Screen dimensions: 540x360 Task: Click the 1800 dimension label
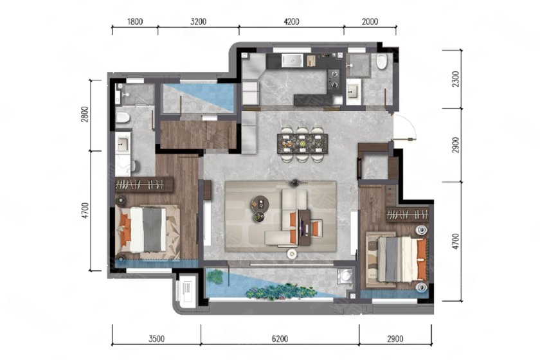click(x=134, y=22)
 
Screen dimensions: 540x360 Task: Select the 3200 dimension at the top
click(x=199, y=22)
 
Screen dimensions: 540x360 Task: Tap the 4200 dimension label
click(x=291, y=22)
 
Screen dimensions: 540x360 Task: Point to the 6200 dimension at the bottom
click(x=280, y=339)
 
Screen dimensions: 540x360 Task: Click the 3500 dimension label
click(x=156, y=339)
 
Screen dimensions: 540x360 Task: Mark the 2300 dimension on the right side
click(x=456, y=79)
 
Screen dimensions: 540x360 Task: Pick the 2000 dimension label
click(x=370, y=22)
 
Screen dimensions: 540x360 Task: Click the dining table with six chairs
click(x=302, y=143)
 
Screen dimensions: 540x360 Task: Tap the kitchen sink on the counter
click(x=292, y=60)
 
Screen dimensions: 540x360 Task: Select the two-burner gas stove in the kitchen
click(x=334, y=79)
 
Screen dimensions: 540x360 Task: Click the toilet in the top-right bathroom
click(x=382, y=62)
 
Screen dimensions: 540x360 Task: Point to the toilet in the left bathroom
click(x=122, y=118)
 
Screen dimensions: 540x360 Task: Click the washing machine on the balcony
click(x=345, y=276)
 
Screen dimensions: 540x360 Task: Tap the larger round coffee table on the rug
click(x=259, y=203)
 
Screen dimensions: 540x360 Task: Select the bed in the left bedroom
click(x=147, y=229)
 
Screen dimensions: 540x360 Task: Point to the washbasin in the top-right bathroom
click(x=354, y=92)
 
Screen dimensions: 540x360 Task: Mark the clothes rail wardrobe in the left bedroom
click(x=143, y=185)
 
